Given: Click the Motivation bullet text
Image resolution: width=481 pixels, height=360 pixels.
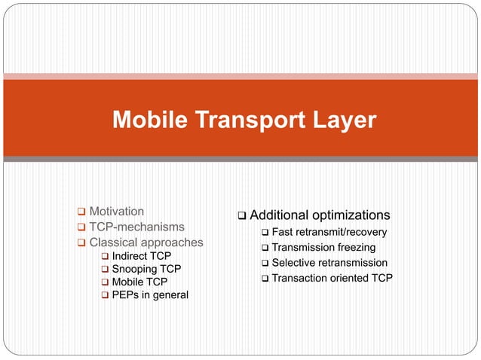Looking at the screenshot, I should click(x=117, y=211).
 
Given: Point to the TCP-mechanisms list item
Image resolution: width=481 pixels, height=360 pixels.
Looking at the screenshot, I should click(x=136, y=227).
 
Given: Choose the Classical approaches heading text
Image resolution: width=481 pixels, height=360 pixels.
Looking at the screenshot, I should click(x=146, y=243).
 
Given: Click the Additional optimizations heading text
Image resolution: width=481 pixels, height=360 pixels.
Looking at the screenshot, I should click(x=320, y=215).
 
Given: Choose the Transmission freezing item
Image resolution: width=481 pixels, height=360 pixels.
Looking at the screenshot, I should click(x=323, y=248).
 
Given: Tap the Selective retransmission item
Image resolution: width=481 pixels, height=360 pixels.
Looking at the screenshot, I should click(x=329, y=263).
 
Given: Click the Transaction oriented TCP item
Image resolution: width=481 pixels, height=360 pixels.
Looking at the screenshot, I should click(x=332, y=279).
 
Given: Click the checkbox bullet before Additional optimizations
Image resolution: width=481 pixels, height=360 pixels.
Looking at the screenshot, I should click(x=242, y=216).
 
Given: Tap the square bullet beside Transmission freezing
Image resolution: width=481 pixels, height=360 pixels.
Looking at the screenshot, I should click(x=265, y=249).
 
